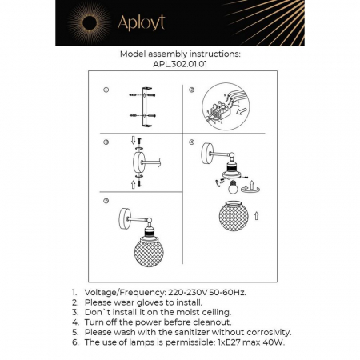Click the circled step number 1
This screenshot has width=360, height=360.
click(x=106, y=90)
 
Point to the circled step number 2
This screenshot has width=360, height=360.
click(x=192, y=90)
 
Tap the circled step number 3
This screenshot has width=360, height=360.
click(x=106, y=142)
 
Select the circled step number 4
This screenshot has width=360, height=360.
click(x=192, y=142)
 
